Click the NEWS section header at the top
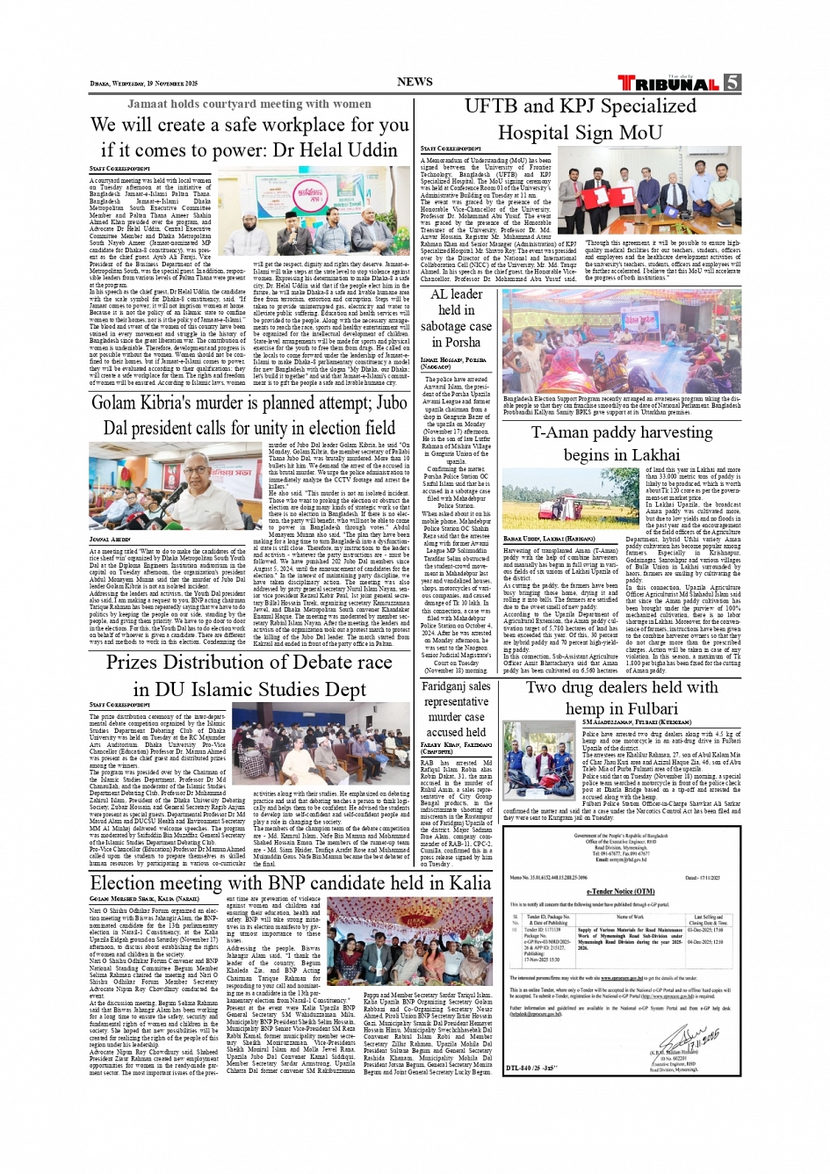[x=415, y=82]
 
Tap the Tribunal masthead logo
[x=670, y=84]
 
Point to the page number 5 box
[x=732, y=83]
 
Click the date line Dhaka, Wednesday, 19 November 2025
[x=143, y=83]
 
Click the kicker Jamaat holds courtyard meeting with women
[x=249, y=104]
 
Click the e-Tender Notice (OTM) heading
[x=621, y=891]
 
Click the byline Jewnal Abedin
[x=111, y=540]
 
